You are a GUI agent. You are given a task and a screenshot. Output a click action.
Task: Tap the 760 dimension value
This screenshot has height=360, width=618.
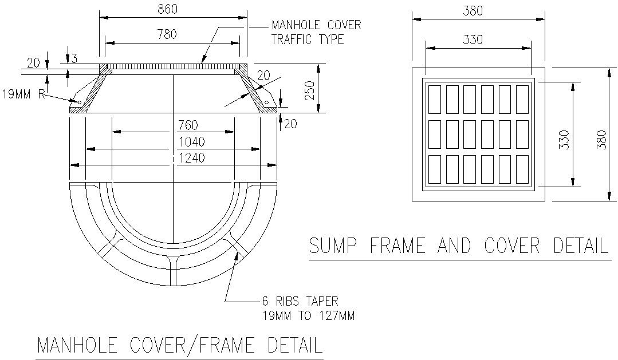tap(189, 125)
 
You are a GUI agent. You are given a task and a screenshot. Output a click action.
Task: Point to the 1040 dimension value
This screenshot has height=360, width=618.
tap(192, 141)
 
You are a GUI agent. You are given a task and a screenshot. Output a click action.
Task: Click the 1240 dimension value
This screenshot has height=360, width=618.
tap(192, 157)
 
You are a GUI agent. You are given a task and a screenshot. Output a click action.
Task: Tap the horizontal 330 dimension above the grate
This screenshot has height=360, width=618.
tap(473, 39)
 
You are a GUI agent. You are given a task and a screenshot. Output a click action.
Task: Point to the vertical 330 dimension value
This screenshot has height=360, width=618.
tap(564, 140)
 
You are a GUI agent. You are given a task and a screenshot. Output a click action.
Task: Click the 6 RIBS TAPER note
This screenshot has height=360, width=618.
tap(300, 306)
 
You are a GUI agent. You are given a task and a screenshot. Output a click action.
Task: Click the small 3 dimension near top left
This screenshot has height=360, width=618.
tap(73, 58)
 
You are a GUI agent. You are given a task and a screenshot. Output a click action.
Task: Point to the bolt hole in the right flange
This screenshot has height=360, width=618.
tap(266, 102)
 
